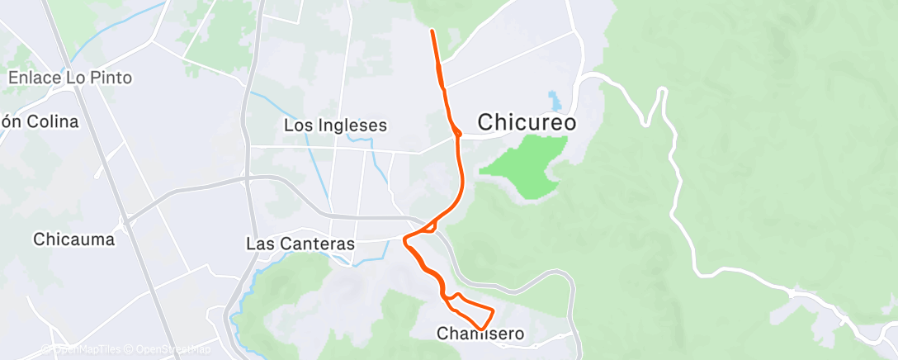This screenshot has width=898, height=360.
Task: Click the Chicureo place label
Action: (x=527, y=122)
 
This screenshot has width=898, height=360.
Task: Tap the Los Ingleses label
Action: (x=335, y=126)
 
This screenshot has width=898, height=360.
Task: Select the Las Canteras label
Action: (x=300, y=244)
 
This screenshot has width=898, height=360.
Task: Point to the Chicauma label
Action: (x=74, y=239)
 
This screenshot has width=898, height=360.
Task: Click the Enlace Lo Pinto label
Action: (x=70, y=78)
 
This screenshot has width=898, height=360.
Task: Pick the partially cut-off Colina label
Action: (x=40, y=121)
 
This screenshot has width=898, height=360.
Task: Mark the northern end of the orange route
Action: (x=432, y=31)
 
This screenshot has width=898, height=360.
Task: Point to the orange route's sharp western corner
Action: (x=404, y=240)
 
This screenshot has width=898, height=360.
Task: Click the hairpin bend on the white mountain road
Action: (x=660, y=92)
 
